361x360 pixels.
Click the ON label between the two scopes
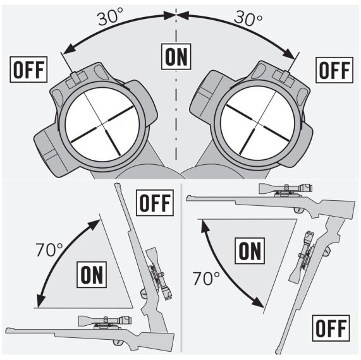tap(176, 56)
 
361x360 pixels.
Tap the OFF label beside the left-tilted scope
tap(28, 69)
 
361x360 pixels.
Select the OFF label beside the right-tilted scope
tap(333, 69)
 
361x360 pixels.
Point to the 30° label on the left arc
tap(111, 17)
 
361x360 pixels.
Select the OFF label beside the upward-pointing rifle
tap(155, 203)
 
